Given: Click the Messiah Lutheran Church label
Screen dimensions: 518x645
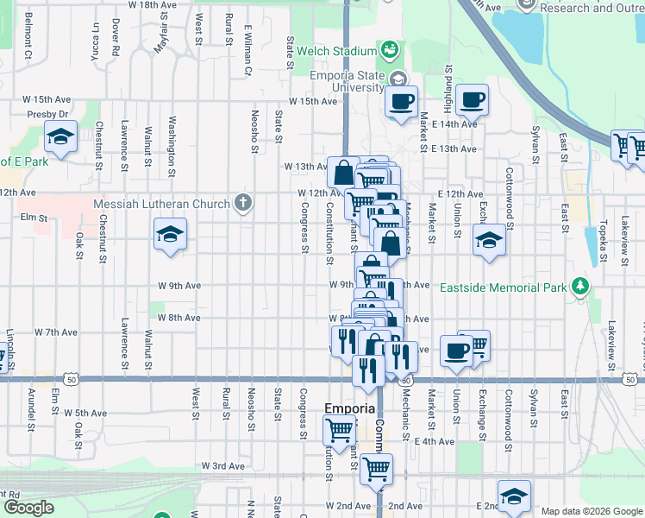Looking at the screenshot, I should coord(161,204).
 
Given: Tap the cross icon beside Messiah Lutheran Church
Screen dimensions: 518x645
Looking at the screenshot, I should coord(243,204).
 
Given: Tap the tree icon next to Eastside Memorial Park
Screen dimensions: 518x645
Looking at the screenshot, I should coord(582,286).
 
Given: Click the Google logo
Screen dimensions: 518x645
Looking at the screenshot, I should coord(28,508).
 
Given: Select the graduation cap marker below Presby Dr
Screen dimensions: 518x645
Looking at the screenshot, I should coord(61,137).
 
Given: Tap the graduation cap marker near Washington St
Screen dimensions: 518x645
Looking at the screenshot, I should coord(171,233).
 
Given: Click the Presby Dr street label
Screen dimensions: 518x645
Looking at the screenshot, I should coord(47,114).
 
